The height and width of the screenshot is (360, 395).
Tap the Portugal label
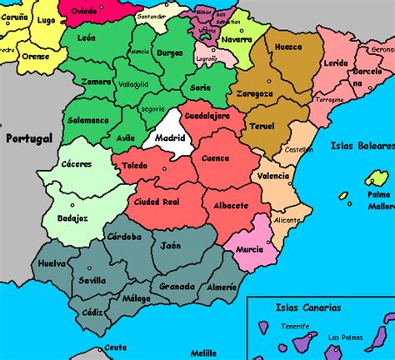click(x=27, y=137)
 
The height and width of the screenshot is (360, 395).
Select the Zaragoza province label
click(x=255, y=94)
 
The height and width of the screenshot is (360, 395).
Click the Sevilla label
click(x=92, y=281)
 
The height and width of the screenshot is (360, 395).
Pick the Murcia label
click(x=249, y=248)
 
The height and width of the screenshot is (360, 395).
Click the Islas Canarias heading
click(x=307, y=307)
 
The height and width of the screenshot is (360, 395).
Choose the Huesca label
click(x=287, y=47)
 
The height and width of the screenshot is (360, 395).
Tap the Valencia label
click(x=273, y=176)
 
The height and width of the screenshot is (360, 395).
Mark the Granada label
click(x=177, y=286)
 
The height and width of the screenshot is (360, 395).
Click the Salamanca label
click(x=88, y=120)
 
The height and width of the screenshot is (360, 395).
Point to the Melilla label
click(x=202, y=352)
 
